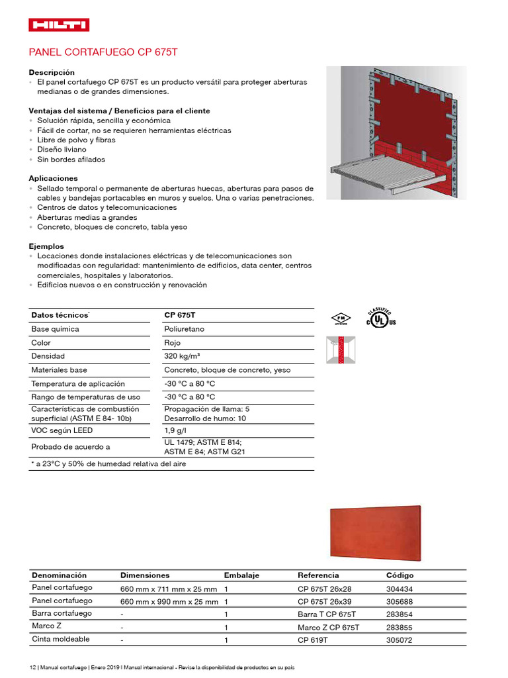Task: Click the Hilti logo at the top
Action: pyautogui.click(x=59, y=25)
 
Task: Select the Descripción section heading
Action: pyautogui.click(x=52, y=72)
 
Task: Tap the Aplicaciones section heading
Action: pyautogui.click(x=53, y=178)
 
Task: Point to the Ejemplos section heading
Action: pyautogui.click(x=46, y=246)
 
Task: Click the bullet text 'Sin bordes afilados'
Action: pyautogui.click(x=71, y=160)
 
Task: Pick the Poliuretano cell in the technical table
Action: pyautogui.click(x=184, y=329)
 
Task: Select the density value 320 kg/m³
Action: pyautogui.click(x=182, y=356)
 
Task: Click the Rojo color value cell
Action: pyautogui.click(x=172, y=343)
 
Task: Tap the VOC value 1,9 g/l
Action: pyautogui.click(x=175, y=431)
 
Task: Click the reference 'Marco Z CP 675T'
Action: pyautogui.click(x=328, y=627)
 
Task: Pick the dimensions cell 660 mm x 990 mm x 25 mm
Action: pyautogui.click(x=169, y=602)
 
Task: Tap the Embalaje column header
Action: pyautogui.click(x=241, y=575)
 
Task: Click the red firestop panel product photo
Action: pyautogui.click(x=375, y=532)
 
